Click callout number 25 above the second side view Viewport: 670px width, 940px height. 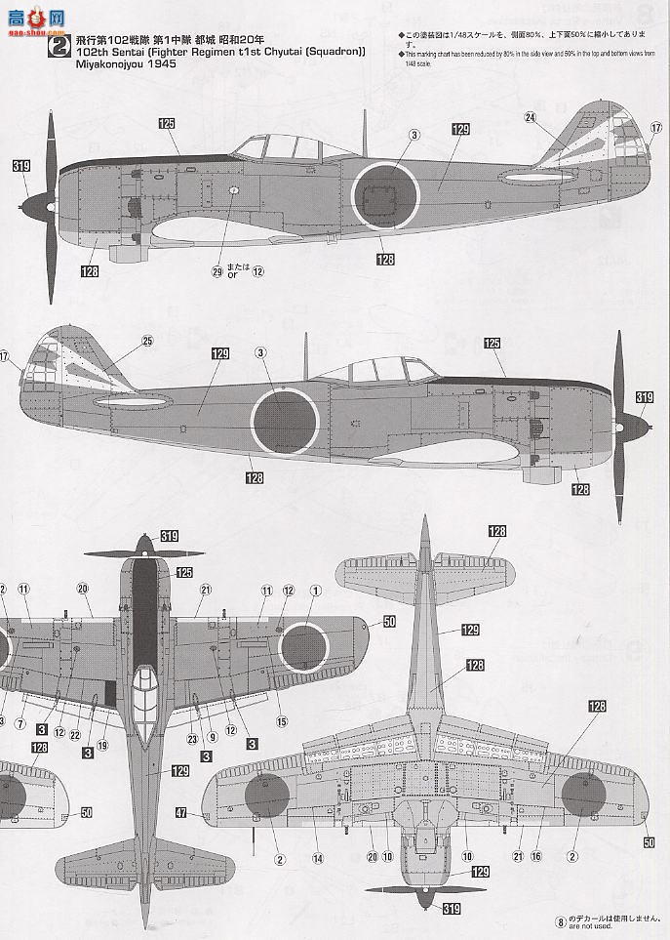point(147,341)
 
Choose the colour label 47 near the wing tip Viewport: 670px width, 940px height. point(182,812)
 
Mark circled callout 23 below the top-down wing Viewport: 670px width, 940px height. point(192,738)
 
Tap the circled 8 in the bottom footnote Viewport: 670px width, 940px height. point(560,920)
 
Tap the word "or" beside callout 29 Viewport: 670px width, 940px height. point(232,274)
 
